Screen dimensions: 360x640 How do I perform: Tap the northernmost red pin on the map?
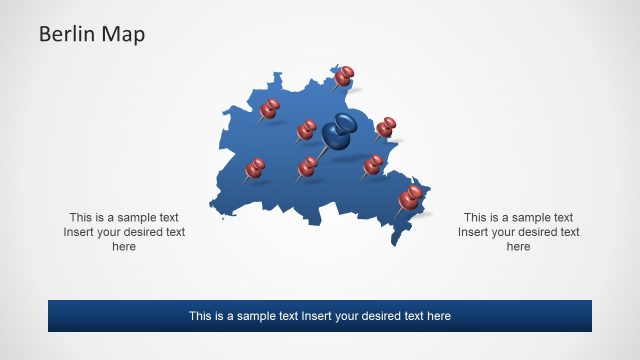point(345,75)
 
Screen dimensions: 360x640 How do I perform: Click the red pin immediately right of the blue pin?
point(386,126)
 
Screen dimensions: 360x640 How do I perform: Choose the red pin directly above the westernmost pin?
point(270,108)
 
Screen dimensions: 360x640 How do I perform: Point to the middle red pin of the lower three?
point(308,166)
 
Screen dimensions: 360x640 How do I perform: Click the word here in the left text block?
point(124,247)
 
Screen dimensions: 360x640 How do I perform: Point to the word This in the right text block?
point(476,217)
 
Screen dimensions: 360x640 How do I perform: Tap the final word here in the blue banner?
point(438,316)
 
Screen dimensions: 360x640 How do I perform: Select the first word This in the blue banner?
point(201,316)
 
